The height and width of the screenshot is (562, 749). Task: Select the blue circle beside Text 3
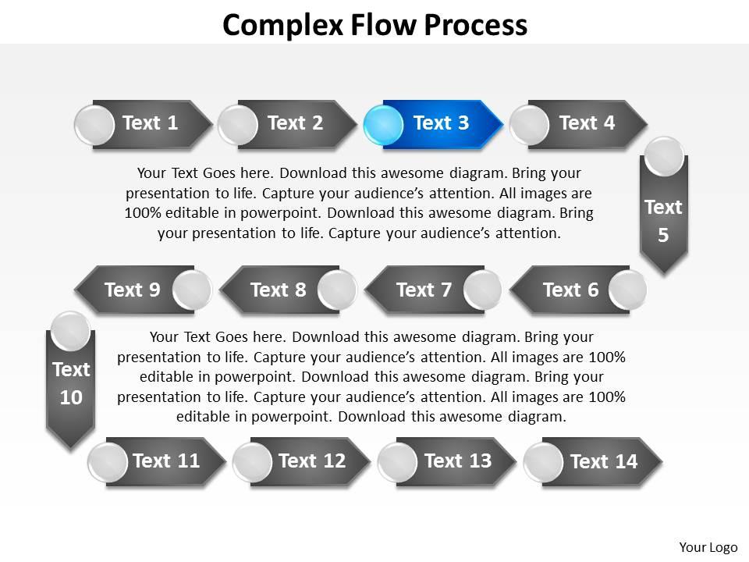click(383, 124)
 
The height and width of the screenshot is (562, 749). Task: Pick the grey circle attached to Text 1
click(94, 124)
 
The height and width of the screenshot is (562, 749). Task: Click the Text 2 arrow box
click(296, 123)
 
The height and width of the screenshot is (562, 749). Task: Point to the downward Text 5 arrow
click(663, 221)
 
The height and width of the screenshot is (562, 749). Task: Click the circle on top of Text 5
click(665, 156)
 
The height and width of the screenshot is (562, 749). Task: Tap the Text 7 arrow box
click(424, 290)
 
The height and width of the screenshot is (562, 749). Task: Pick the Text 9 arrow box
click(133, 290)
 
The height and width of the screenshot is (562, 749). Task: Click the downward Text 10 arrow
click(71, 384)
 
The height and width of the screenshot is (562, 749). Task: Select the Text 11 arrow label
click(167, 461)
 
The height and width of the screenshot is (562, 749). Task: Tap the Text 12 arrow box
click(312, 461)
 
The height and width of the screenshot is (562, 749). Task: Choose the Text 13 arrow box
click(458, 461)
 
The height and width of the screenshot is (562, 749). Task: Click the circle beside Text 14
click(543, 462)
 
